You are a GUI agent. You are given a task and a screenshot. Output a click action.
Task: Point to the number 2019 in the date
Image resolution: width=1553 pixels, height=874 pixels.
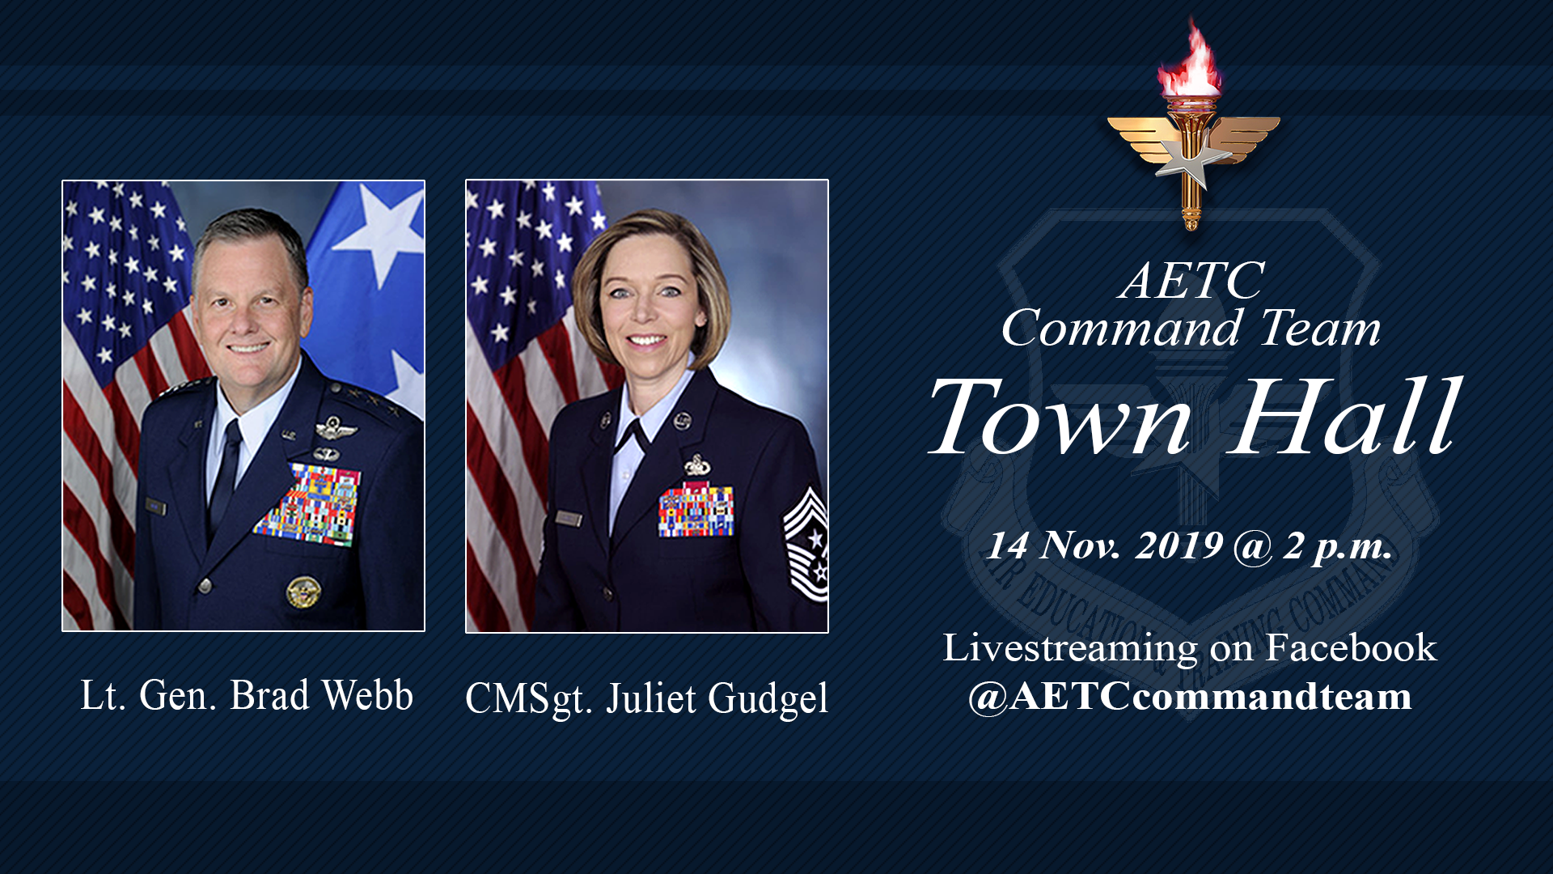click(1179, 545)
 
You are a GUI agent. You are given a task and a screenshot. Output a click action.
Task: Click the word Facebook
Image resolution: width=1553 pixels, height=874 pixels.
click(1351, 648)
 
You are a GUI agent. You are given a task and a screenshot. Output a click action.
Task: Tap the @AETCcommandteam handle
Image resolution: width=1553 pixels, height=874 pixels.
click(1190, 697)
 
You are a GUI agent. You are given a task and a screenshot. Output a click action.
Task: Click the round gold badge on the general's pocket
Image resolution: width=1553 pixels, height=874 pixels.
click(303, 592)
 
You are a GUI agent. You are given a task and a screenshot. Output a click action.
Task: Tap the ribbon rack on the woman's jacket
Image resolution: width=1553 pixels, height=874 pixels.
click(696, 511)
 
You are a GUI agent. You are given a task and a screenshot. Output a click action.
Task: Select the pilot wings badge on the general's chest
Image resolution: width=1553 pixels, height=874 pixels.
click(336, 428)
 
